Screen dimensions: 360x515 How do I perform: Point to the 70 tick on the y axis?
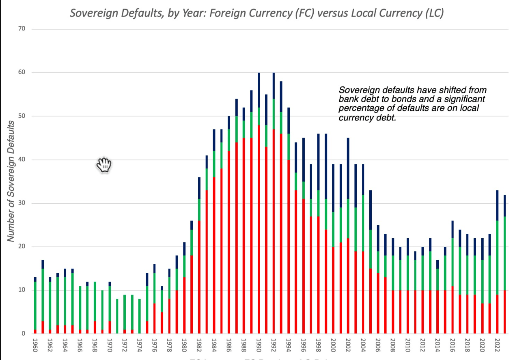click(x=22, y=29)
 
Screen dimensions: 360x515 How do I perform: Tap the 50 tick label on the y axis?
click(x=22, y=116)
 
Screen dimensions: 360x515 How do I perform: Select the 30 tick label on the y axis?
click(x=22, y=203)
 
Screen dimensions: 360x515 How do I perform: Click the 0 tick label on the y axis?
click(x=23, y=334)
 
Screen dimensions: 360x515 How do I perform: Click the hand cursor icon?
click(x=104, y=165)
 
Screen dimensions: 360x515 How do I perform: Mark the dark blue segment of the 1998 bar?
click(x=318, y=162)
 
